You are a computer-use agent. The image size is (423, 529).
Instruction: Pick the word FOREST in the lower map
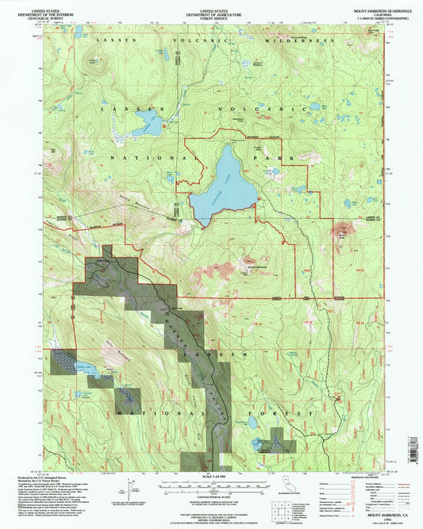point(291,414)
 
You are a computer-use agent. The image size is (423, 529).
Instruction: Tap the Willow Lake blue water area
point(82,369)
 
